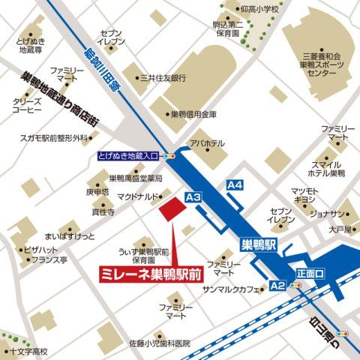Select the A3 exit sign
[193, 196]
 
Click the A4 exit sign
[235, 184]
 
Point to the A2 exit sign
[277, 286]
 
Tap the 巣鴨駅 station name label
[259, 244]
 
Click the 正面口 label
[309, 274]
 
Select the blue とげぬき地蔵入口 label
[129, 156]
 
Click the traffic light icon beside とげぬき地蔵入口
[169, 156]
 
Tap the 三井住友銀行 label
[163, 77]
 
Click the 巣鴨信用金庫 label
[193, 114]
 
